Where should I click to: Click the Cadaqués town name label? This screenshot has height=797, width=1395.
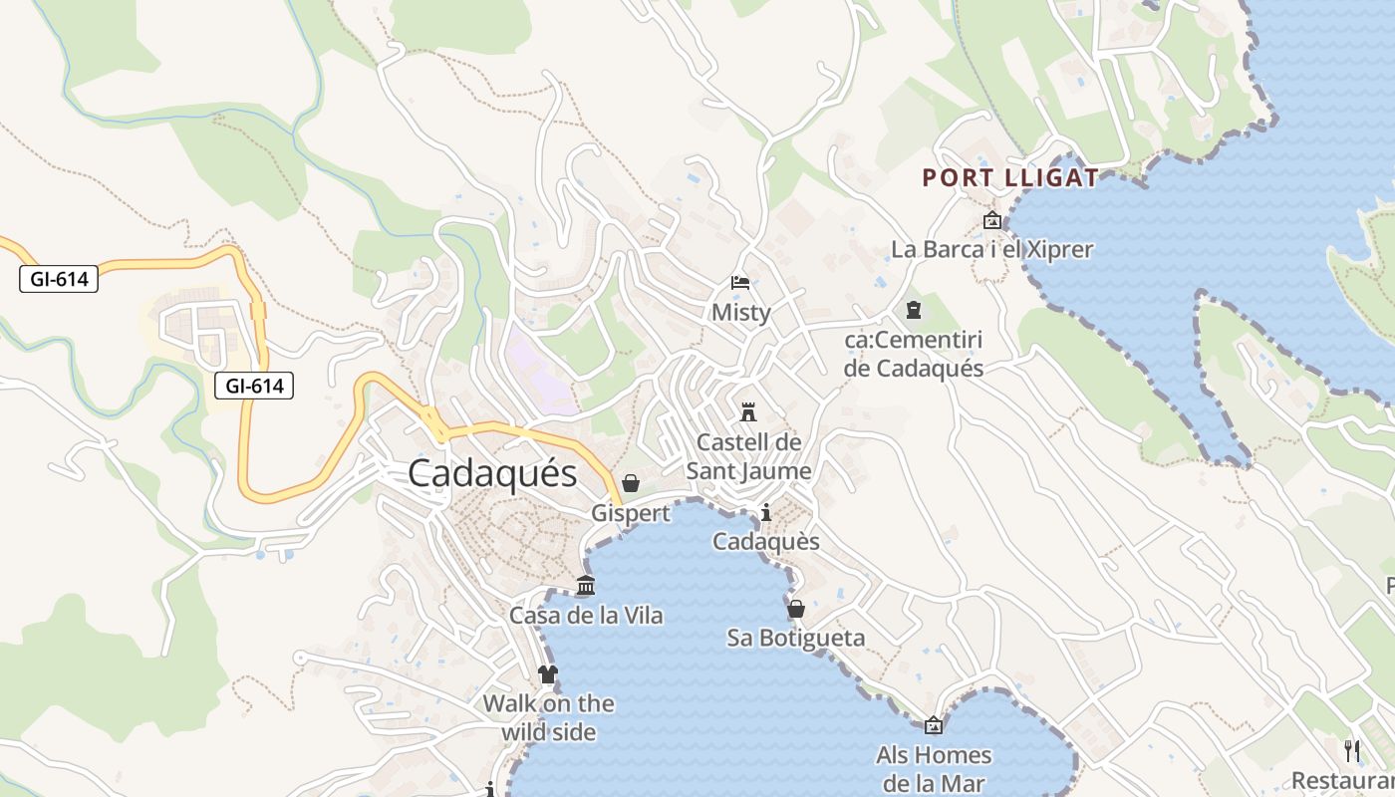click(492, 473)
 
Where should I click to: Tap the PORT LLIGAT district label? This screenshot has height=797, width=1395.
click(1010, 178)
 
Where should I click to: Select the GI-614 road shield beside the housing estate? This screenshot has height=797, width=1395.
click(254, 386)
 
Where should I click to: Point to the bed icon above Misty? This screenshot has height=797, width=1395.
click(740, 283)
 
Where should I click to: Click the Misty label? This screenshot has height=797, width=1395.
click(740, 313)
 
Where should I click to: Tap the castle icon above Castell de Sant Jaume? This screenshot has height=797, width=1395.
click(748, 411)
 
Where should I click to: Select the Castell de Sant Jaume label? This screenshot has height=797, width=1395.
click(748, 456)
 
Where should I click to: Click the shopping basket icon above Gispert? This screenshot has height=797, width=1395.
click(631, 484)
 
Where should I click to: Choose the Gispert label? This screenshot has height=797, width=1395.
click(631, 513)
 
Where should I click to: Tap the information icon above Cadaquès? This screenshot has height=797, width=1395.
click(766, 513)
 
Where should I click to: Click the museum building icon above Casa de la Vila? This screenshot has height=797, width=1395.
click(586, 586)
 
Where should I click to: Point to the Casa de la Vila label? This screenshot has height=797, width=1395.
click(586, 616)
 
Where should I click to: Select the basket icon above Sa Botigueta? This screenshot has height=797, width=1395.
click(796, 609)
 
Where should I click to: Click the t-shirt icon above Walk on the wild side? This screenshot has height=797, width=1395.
click(548, 674)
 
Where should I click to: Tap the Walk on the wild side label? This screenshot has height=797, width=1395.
click(548, 717)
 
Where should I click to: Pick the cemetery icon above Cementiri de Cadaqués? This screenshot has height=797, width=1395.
click(914, 311)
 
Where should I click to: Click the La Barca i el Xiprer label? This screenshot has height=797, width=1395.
click(991, 249)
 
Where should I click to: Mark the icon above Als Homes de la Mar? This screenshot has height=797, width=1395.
click(934, 725)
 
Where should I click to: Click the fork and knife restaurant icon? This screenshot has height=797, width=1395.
click(1352, 750)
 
